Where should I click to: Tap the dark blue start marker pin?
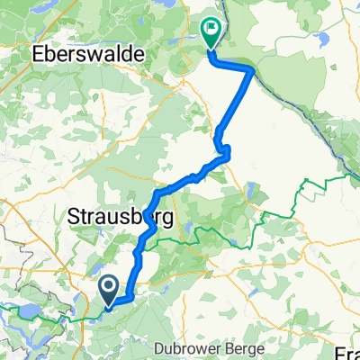point(108,288)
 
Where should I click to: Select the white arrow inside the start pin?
point(108,286)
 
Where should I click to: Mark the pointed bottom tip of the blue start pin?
point(108,305)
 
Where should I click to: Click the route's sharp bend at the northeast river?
point(252,69)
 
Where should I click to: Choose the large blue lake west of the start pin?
point(27,310)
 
